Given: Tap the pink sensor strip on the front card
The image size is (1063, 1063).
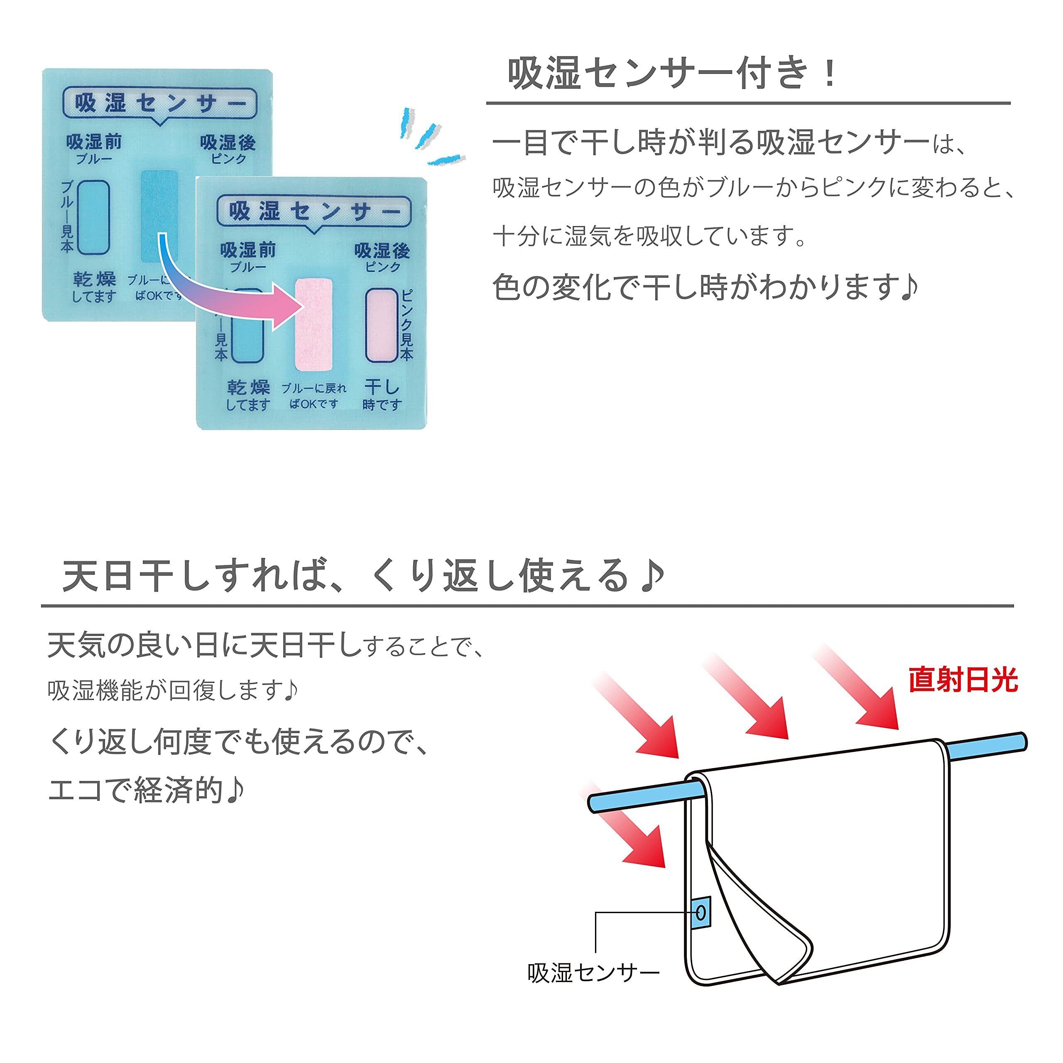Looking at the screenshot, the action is point(314,325).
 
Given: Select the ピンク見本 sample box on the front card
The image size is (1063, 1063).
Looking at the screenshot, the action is point(381,325).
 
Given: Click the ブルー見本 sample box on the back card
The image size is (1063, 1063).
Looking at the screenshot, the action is point(93,217).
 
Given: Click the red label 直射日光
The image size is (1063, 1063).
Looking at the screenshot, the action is point(963,680).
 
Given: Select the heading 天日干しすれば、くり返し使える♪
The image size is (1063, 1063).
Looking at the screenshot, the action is point(364,576).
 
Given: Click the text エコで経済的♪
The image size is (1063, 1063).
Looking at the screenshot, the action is point(146,790).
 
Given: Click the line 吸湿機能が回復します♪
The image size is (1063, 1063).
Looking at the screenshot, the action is point(173,690).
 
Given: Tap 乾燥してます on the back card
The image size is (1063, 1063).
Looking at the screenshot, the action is point(95,287).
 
